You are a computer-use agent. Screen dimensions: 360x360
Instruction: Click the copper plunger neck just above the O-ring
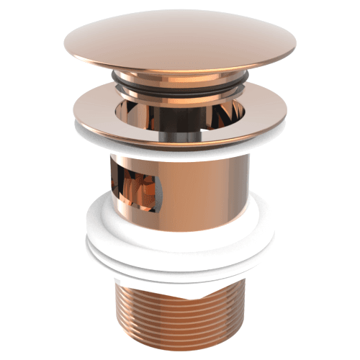(180, 74)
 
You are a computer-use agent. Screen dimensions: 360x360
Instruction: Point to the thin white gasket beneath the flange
(180, 145)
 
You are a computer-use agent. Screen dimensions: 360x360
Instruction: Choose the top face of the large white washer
(180, 216)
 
